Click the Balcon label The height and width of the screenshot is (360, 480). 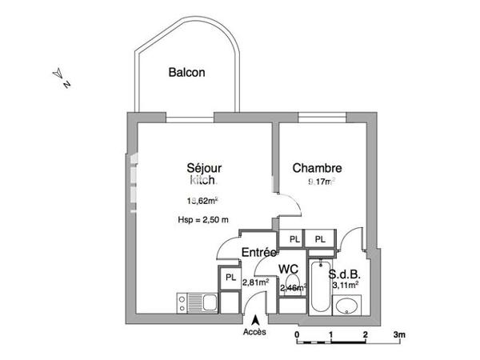pos(186,73)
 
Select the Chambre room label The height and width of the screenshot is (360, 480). pos(317,168)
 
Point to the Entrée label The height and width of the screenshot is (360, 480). pos(258,253)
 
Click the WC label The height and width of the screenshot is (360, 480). pos(289,270)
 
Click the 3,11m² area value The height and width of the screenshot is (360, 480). pos(344,283)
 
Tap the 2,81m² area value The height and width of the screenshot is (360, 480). pos(255,282)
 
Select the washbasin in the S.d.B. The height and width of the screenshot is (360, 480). pos(346,306)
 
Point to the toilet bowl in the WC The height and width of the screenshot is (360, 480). pos(289,297)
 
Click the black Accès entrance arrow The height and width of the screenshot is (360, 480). pos(255,321)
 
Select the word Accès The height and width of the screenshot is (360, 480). pos(255,332)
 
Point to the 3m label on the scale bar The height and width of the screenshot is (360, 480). pos(398,334)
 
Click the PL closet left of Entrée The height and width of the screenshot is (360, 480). pos(230,278)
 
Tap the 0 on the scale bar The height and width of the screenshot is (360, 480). pos(297,334)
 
